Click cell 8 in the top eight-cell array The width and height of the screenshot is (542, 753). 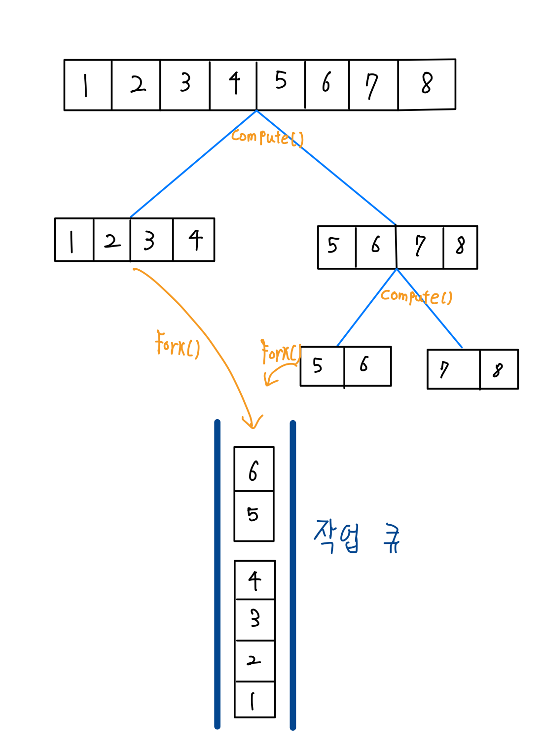coord(427,84)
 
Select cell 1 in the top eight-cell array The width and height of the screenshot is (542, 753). coord(88,85)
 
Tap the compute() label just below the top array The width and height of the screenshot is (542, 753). coord(267,137)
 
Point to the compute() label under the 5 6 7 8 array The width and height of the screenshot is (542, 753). coord(416,296)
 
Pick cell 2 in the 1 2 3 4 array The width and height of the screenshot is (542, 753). coord(112,240)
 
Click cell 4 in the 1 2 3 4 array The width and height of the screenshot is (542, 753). coord(194,240)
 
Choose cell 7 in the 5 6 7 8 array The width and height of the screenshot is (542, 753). coord(420,247)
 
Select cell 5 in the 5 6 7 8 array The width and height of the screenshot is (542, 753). coord(336,247)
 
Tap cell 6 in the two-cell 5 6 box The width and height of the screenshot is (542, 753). coord(367,366)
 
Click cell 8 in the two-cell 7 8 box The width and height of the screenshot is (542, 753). coord(499,369)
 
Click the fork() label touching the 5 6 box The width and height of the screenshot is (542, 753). coord(281,353)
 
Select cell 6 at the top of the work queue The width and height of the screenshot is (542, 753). coord(253,469)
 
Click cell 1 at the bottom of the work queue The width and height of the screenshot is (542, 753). coord(254,700)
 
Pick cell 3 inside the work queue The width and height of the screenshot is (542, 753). coord(255,619)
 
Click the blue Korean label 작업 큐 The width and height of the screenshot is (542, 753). coord(357,538)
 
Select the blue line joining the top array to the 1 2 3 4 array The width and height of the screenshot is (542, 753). coord(193,164)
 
